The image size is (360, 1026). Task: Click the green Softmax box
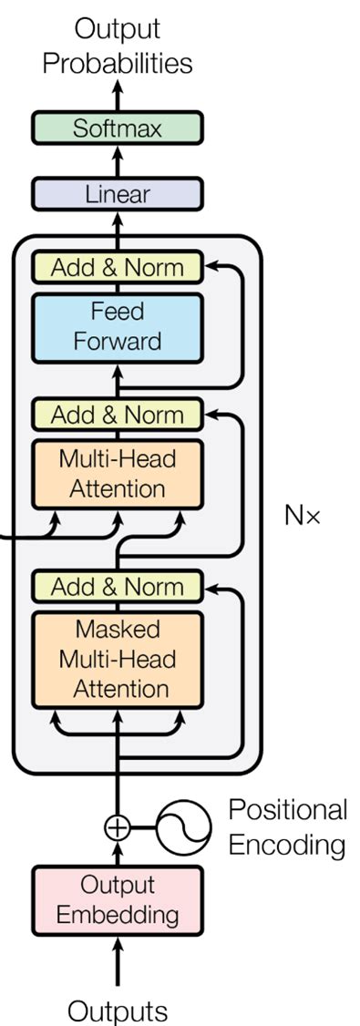coord(117,128)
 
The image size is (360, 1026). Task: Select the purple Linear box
coord(117,194)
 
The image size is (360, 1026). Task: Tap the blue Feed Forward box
coord(117,326)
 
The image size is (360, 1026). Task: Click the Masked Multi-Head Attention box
coord(117,659)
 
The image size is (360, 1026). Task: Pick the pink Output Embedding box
coord(117,899)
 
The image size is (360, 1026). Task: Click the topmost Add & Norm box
coord(117,268)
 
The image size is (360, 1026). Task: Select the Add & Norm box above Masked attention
coord(117,587)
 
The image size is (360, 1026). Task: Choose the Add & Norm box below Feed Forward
coord(117,416)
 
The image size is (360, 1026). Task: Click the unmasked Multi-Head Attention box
coord(117,474)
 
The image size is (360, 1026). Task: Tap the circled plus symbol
coord(117,827)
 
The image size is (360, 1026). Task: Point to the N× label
coord(303,516)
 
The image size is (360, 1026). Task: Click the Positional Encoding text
coord(287,827)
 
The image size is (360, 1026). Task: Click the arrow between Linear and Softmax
coord(117,161)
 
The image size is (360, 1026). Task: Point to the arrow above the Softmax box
coord(117,95)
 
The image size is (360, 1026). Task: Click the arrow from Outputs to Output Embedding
coord(117,961)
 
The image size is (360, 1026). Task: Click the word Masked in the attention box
coord(117,630)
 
